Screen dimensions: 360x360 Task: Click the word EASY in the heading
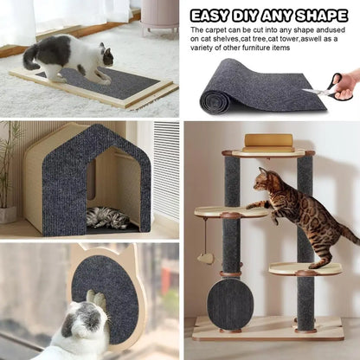click(211, 16)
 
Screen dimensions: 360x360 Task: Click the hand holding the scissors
click(347, 84)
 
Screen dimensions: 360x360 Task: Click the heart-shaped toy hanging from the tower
click(206, 258)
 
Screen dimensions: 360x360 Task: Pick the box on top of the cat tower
click(268, 141)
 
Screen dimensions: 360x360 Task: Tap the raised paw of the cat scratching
click(96, 299)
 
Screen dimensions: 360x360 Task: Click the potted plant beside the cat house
click(9, 173)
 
